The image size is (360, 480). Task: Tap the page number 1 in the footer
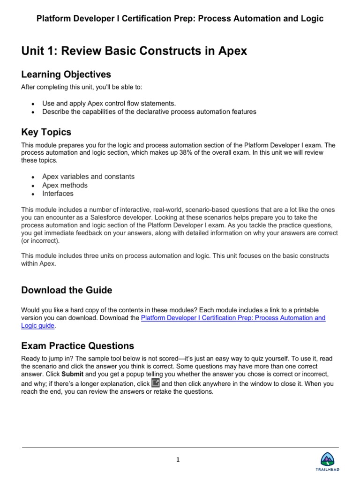[178, 460]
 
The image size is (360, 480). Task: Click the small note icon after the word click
[156, 383]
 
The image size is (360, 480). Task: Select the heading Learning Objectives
[66, 75]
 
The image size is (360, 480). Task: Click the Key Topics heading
[46, 132]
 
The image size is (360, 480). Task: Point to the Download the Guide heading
[67, 290]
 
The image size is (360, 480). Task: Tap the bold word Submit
[72, 375]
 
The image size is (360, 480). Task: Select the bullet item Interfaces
[58, 194]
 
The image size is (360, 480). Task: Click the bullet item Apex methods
[65, 185]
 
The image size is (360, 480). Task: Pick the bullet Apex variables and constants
[88, 177]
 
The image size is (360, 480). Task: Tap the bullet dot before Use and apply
[32, 104]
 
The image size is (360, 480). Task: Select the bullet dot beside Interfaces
[32, 194]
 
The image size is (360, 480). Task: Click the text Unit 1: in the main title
[37, 51]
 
